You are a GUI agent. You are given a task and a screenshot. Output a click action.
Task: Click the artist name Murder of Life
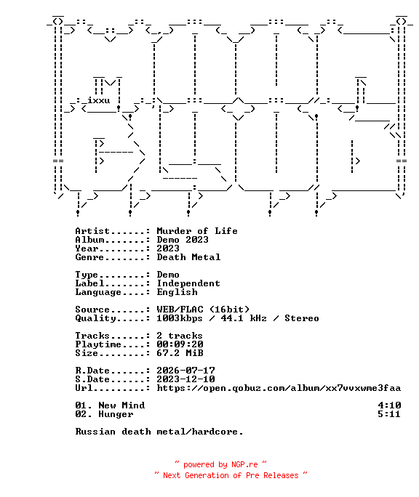click(x=197, y=231)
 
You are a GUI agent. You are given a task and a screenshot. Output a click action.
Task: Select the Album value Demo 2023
click(x=183, y=240)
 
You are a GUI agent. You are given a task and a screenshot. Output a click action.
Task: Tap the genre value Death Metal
click(x=188, y=257)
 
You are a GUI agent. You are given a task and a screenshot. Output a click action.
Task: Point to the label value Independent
click(x=188, y=283)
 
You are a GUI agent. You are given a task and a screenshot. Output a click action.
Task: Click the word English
click(x=177, y=292)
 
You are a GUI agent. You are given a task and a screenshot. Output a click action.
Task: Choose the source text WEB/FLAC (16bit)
click(x=203, y=310)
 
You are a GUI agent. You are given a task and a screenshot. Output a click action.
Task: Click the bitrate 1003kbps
click(x=180, y=318)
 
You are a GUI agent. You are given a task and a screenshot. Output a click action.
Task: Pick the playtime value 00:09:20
click(x=180, y=344)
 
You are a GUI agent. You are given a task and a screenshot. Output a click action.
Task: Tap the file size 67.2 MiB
click(x=180, y=353)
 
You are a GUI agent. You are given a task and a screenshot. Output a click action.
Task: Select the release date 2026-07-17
click(x=185, y=371)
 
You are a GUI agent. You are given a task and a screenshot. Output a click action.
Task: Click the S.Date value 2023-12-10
click(x=185, y=379)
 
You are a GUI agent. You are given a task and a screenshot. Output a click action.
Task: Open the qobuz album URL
click(x=279, y=388)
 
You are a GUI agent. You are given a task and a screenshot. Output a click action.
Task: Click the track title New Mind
click(x=121, y=405)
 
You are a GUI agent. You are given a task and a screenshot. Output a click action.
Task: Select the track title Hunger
click(x=116, y=415)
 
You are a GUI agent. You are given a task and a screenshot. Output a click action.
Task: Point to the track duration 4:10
click(x=389, y=405)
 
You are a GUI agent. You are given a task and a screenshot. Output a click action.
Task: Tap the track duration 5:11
click(x=389, y=414)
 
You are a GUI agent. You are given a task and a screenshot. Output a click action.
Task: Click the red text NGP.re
click(x=244, y=465)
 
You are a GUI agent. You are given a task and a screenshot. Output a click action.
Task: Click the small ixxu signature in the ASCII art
click(x=99, y=100)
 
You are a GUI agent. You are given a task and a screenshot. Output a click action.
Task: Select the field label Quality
click(x=95, y=318)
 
